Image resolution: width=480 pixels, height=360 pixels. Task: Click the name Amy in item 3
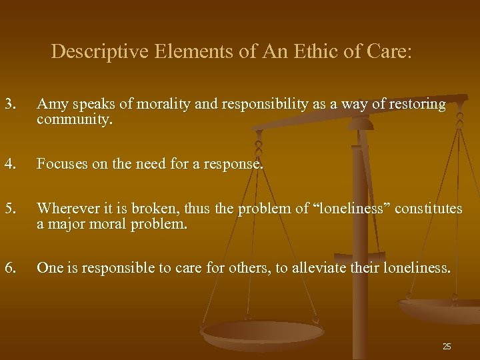tap(50, 104)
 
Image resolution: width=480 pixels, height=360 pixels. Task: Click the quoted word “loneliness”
tap(349, 209)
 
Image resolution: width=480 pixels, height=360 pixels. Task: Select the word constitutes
tap(429, 209)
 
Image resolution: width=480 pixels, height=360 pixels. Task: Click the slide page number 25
tap(447, 346)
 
